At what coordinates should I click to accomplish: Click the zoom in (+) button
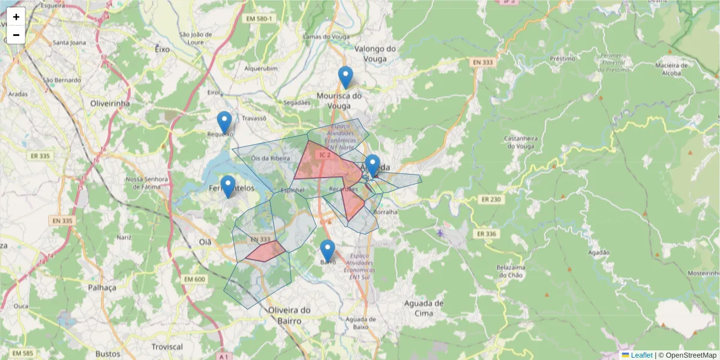(x=16, y=17)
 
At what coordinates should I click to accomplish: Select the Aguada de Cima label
(x=424, y=308)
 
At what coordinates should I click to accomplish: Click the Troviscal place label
(x=167, y=347)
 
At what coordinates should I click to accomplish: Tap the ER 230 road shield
(x=490, y=199)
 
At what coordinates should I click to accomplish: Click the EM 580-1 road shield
(x=259, y=19)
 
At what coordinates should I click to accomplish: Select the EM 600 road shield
(x=194, y=279)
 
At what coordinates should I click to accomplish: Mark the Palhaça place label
(x=101, y=287)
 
